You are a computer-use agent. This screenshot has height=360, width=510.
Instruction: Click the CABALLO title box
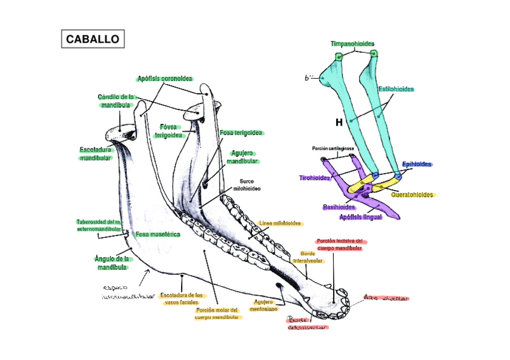point(93,40)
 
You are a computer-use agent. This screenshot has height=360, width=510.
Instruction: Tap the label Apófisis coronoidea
point(165,79)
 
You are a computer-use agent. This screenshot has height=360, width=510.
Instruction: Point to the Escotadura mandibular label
point(96,153)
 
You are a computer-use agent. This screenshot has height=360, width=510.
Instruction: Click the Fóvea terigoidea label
point(168,131)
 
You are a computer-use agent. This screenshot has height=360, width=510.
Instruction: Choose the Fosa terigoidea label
point(241,132)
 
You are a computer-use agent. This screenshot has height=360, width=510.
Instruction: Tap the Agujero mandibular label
point(242,157)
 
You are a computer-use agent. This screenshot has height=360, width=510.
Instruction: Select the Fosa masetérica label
point(158,234)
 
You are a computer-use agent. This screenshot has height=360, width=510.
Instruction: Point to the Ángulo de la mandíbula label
point(112,263)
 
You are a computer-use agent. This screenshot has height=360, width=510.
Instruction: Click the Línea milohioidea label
point(280,224)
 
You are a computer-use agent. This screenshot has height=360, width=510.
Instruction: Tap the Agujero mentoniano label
point(264,305)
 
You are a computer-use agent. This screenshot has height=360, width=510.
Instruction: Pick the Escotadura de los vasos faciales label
point(182,299)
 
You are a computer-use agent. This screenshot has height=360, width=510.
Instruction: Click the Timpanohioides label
point(352,44)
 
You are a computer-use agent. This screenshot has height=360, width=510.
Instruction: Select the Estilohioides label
point(396,89)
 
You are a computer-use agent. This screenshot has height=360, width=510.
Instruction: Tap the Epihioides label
point(417,164)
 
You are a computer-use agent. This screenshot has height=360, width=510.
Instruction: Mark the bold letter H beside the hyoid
point(339,122)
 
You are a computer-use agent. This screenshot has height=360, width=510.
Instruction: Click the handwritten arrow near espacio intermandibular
point(143,276)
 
